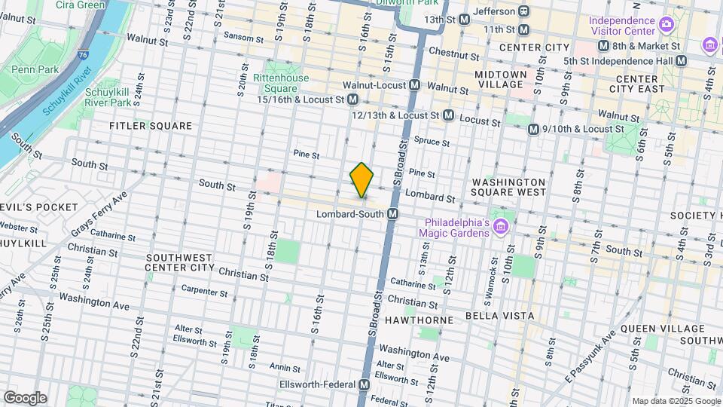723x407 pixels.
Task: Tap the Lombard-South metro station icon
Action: [x=392, y=215]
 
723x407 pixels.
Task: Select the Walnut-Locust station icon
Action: [x=414, y=87]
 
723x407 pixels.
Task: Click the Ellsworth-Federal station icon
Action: [x=365, y=385]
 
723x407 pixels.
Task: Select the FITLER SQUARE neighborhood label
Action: [x=151, y=126]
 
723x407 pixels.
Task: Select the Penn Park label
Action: [x=29, y=69]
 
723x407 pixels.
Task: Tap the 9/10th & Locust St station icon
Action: [x=534, y=130]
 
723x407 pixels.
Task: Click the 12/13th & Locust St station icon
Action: [x=448, y=115]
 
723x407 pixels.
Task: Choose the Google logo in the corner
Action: [x=25, y=397]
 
